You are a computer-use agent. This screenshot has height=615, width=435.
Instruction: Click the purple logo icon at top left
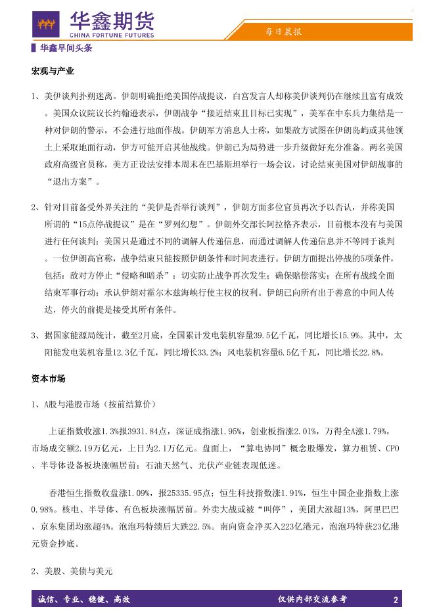click(x=46, y=24)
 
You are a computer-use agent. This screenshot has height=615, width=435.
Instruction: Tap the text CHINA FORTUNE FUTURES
click(x=112, y=35)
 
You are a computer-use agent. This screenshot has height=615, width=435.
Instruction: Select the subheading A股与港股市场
click(x=72, y=403)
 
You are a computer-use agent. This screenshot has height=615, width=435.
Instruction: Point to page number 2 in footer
click(x=396, y=599)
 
